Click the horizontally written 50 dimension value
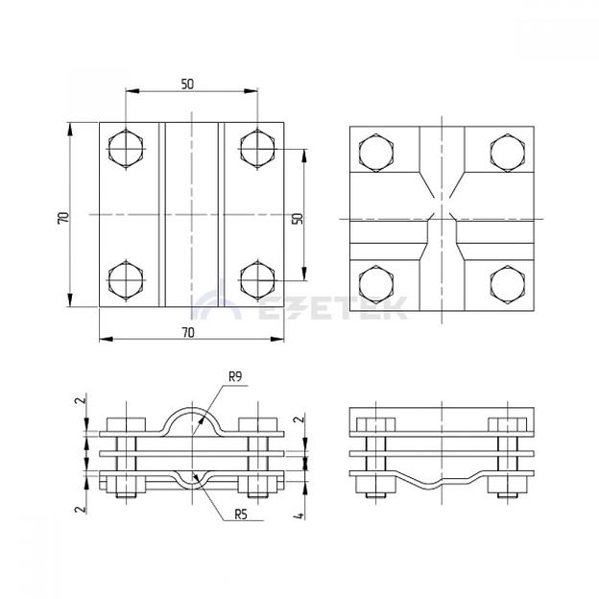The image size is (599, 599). pos(187,84)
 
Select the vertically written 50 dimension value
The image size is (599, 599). pos(298,219)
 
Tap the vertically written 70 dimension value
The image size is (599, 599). pos(63,218)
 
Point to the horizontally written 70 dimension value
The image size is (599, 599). pos(188,333)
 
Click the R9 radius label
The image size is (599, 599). pos(235,377)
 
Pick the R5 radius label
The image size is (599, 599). pos(241,515)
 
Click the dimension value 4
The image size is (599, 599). pos(299,515)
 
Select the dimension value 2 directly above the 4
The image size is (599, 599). pos(300,419)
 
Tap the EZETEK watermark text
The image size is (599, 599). pos(332,308)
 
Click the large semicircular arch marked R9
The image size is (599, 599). pos(192,421)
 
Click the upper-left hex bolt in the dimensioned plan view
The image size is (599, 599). pos(126,149)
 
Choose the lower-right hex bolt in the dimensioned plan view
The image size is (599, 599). pos(257,280)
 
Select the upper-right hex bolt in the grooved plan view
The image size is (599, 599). pos(507,153)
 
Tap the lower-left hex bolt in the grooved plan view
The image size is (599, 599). pos(376,284)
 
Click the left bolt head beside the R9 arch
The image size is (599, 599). pos(126,424)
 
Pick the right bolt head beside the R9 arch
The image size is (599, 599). pos(258,424)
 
